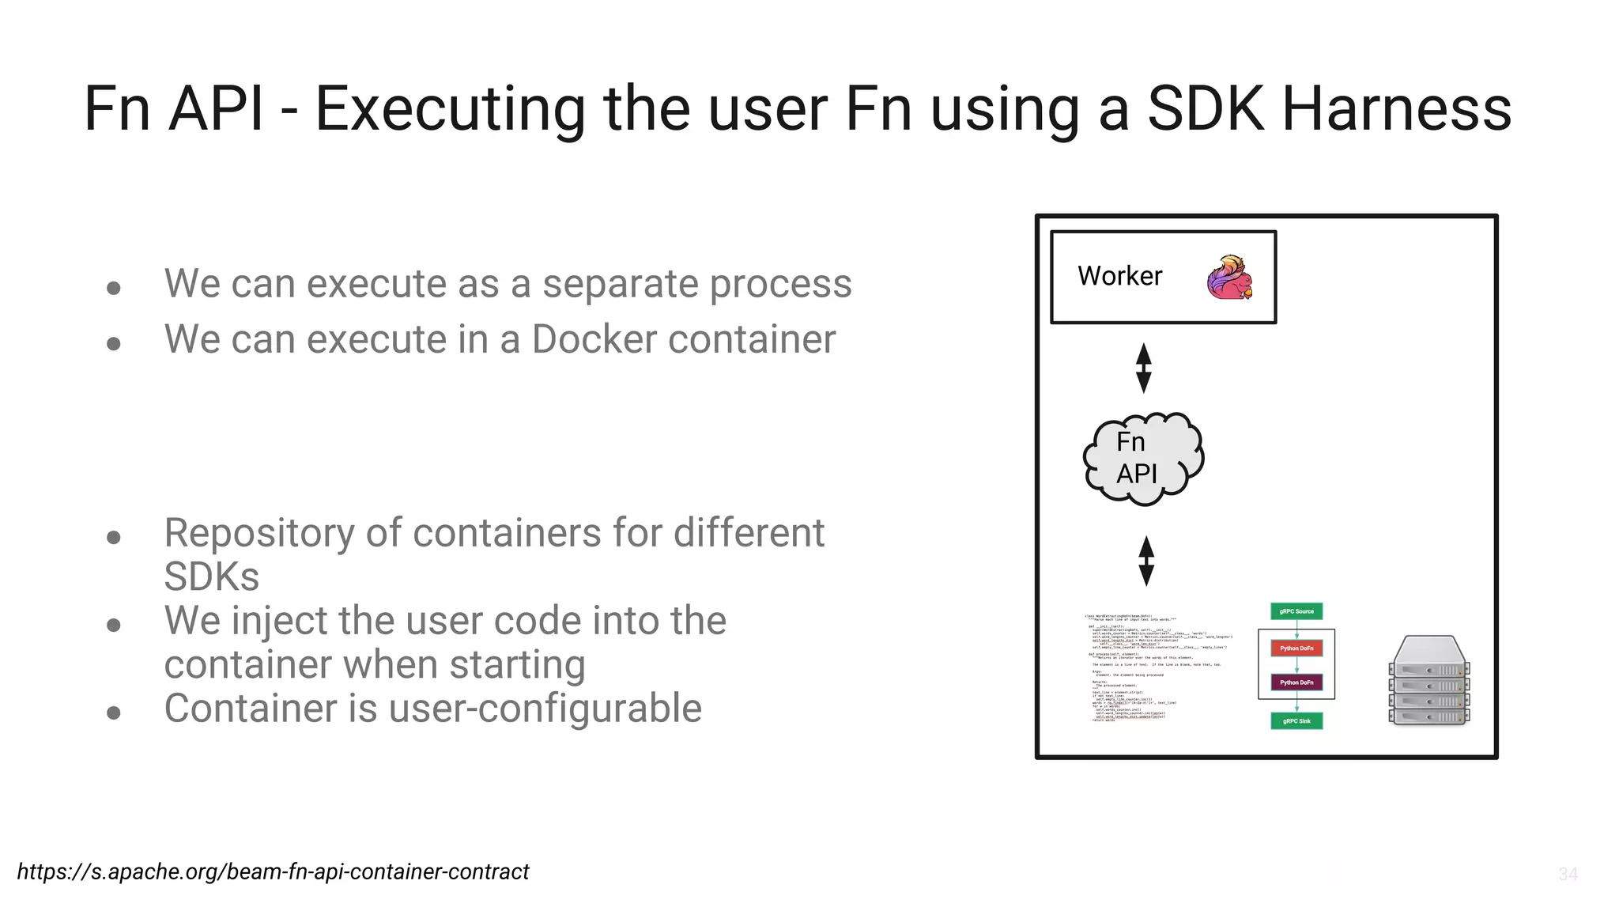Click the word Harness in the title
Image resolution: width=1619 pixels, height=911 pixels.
click(1396, 109)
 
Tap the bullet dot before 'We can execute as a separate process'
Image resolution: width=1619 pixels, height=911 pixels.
click(114, 287)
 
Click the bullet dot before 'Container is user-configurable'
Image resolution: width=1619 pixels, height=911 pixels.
click(114, 713)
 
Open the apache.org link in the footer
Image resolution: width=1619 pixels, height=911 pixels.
click(273, 871)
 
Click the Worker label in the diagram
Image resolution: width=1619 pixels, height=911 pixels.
click(1119, 276)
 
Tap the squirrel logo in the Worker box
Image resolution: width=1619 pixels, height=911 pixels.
click(1229, 278)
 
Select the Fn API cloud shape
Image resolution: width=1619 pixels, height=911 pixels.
click(1143, 459)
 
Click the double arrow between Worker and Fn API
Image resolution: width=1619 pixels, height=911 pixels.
click(1143, 368)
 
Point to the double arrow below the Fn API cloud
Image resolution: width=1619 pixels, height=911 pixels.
click(1146, 561)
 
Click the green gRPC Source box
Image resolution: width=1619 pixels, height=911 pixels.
click(1296, 611)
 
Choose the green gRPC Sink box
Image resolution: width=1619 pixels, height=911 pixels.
click(1296, 720)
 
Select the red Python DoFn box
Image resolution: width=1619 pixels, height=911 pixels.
click(1296, 648)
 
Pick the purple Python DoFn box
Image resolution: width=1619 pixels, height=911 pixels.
click(1296, 682)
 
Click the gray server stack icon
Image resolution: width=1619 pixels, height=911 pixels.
click(1428, 680)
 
